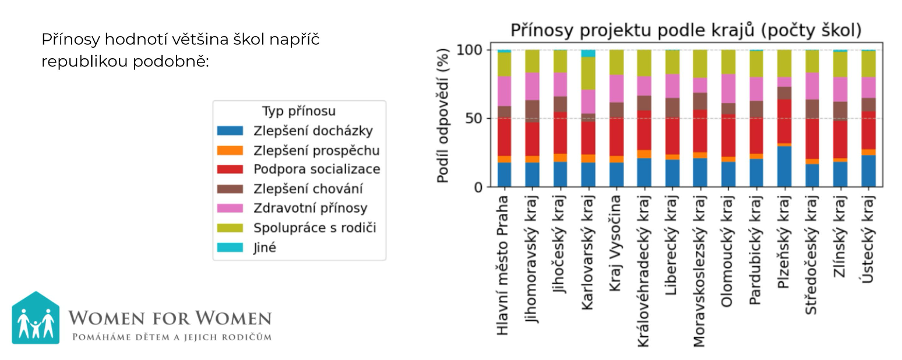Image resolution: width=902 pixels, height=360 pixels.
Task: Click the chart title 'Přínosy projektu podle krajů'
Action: pyautogui.click(x=686, y=30)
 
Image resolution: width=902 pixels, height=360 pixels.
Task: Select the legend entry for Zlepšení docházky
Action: pyautogui.click(x=313, y=131)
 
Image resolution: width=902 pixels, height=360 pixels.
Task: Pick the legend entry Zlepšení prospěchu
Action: pyautogui.click(x=316, y=150)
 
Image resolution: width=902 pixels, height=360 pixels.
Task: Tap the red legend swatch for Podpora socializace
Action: pyautogui.click(x=229, y=170)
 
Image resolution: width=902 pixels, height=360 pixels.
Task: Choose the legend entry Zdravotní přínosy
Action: pyautogui.click(x=310, y=208)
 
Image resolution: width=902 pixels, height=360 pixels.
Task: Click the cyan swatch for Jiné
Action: pyautogui.click(x=229, y=248)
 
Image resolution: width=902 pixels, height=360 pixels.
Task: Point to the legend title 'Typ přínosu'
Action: pyautogui.click(x=299, y=111)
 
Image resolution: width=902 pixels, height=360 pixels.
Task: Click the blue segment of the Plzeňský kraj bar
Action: pyautogui.click(x=784, y=167)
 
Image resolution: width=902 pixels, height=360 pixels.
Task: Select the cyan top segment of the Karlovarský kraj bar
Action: pyautogui.click(x=588, y=54)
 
